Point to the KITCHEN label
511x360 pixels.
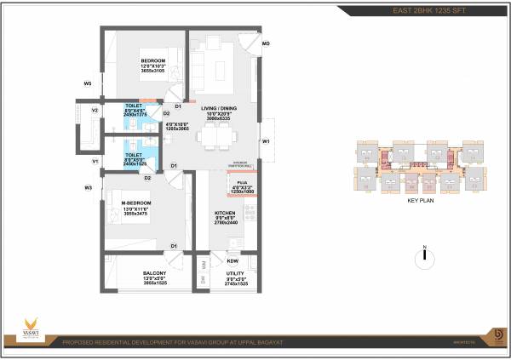point(225,213)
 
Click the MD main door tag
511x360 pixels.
point(266,43)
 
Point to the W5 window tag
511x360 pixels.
point(87,83)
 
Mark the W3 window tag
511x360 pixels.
point(88,187)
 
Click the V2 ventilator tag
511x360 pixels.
point(95,111)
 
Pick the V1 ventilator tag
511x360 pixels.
point(95,161)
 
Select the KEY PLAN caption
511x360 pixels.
point(422,201)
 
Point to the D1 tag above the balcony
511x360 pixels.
point(173,246)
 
